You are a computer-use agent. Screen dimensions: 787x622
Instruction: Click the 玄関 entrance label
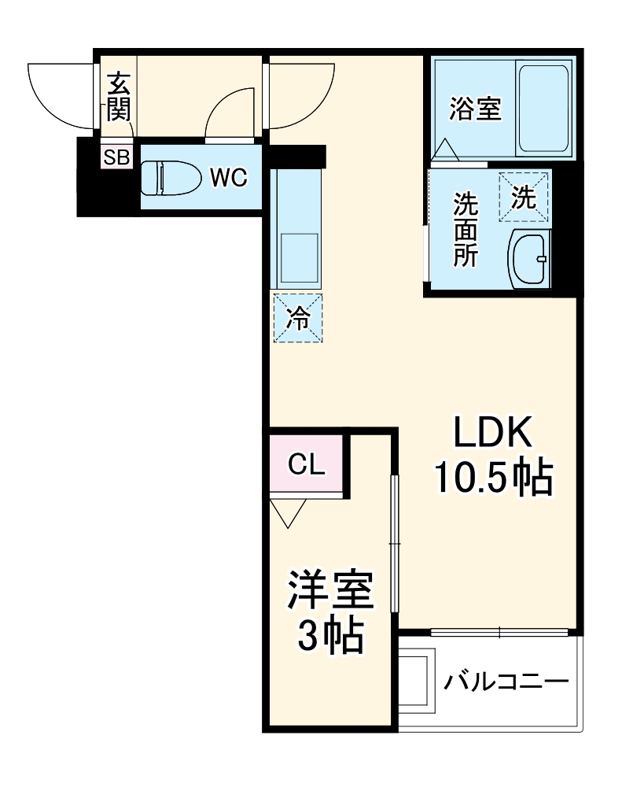coord(118,96)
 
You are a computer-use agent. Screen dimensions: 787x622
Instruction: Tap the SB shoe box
coord(116,157)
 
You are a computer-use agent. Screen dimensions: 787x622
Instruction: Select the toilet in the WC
coord(166,178)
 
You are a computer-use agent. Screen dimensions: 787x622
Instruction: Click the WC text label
coord(228,179)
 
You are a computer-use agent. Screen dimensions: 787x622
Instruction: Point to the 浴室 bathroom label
coord(475,109)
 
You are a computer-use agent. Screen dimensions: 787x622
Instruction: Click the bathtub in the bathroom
coord(543,109)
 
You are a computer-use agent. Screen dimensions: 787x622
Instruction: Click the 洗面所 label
coord(464,231)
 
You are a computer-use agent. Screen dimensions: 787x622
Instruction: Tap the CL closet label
coord(306,465)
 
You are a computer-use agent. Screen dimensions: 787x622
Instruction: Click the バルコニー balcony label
coord(504,680)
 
